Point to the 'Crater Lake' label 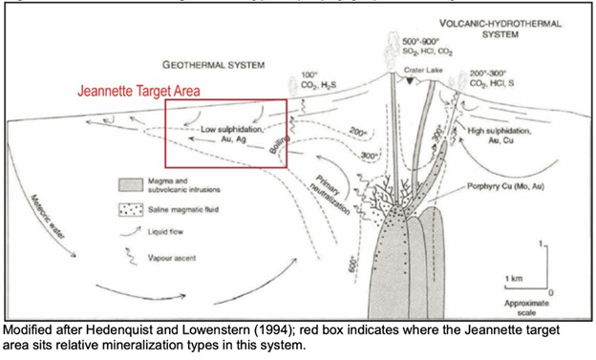tap(420, 70)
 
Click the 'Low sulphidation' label tap(232, 128)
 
